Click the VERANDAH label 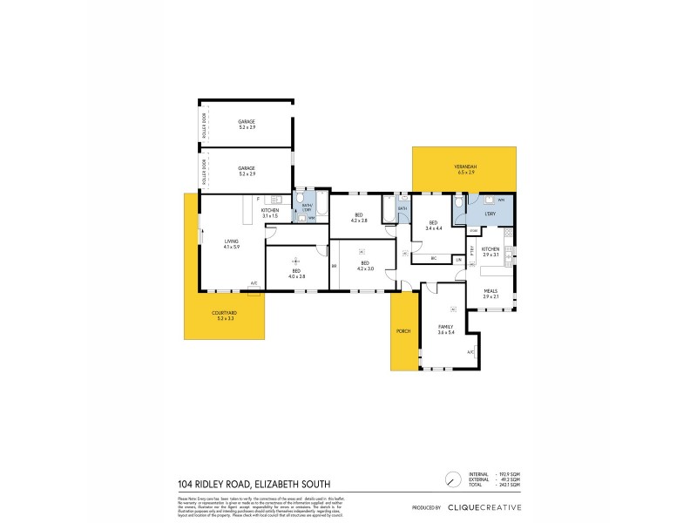coord(464,169)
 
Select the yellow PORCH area coord(403,331)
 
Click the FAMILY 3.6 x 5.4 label coord(446,329)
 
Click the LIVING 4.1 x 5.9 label coord(230,244)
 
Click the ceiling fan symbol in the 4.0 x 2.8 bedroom coord(296,259)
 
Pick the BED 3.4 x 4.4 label coord(434,226)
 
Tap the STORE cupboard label coord(473,230)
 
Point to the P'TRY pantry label coord(470,252)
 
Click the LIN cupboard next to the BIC coord(458,259)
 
